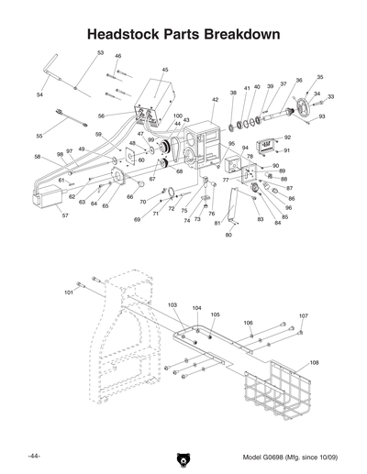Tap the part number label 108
click(x=315, y=362)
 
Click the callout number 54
click(x=40, y=94)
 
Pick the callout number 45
click(x=165, y=70)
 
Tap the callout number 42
click(x=215, y=99)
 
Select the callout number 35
click(x=319, y=78)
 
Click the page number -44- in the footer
click(x=34, y=456)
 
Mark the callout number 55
click(x=39, y=135)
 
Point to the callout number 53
click(x=100, y=53)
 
